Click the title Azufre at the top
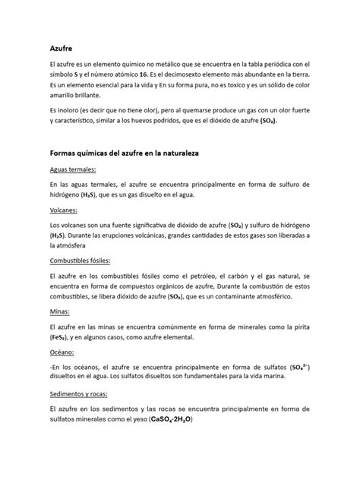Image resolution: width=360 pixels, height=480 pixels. (62, 49)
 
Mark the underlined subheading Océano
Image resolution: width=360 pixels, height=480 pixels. (62, 352)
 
